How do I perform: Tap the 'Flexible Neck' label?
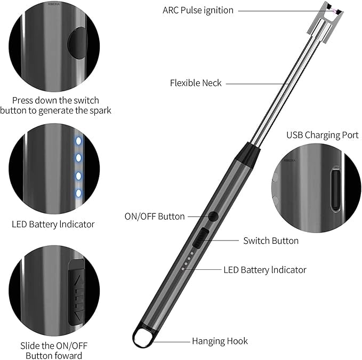coord(196,83)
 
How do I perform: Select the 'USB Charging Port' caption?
coord(323,135)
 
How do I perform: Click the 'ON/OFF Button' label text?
coord(155,217)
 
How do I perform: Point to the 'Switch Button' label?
coord(271,241)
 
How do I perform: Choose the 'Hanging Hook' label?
coord(220,341)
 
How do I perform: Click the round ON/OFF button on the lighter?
coord(213,217)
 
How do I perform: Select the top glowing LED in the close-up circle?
coord(78,141)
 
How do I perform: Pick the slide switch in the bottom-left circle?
coord(77,292)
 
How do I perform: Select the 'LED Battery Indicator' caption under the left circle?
coord(53,225)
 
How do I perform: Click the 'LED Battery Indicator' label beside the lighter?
coord(266,270)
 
